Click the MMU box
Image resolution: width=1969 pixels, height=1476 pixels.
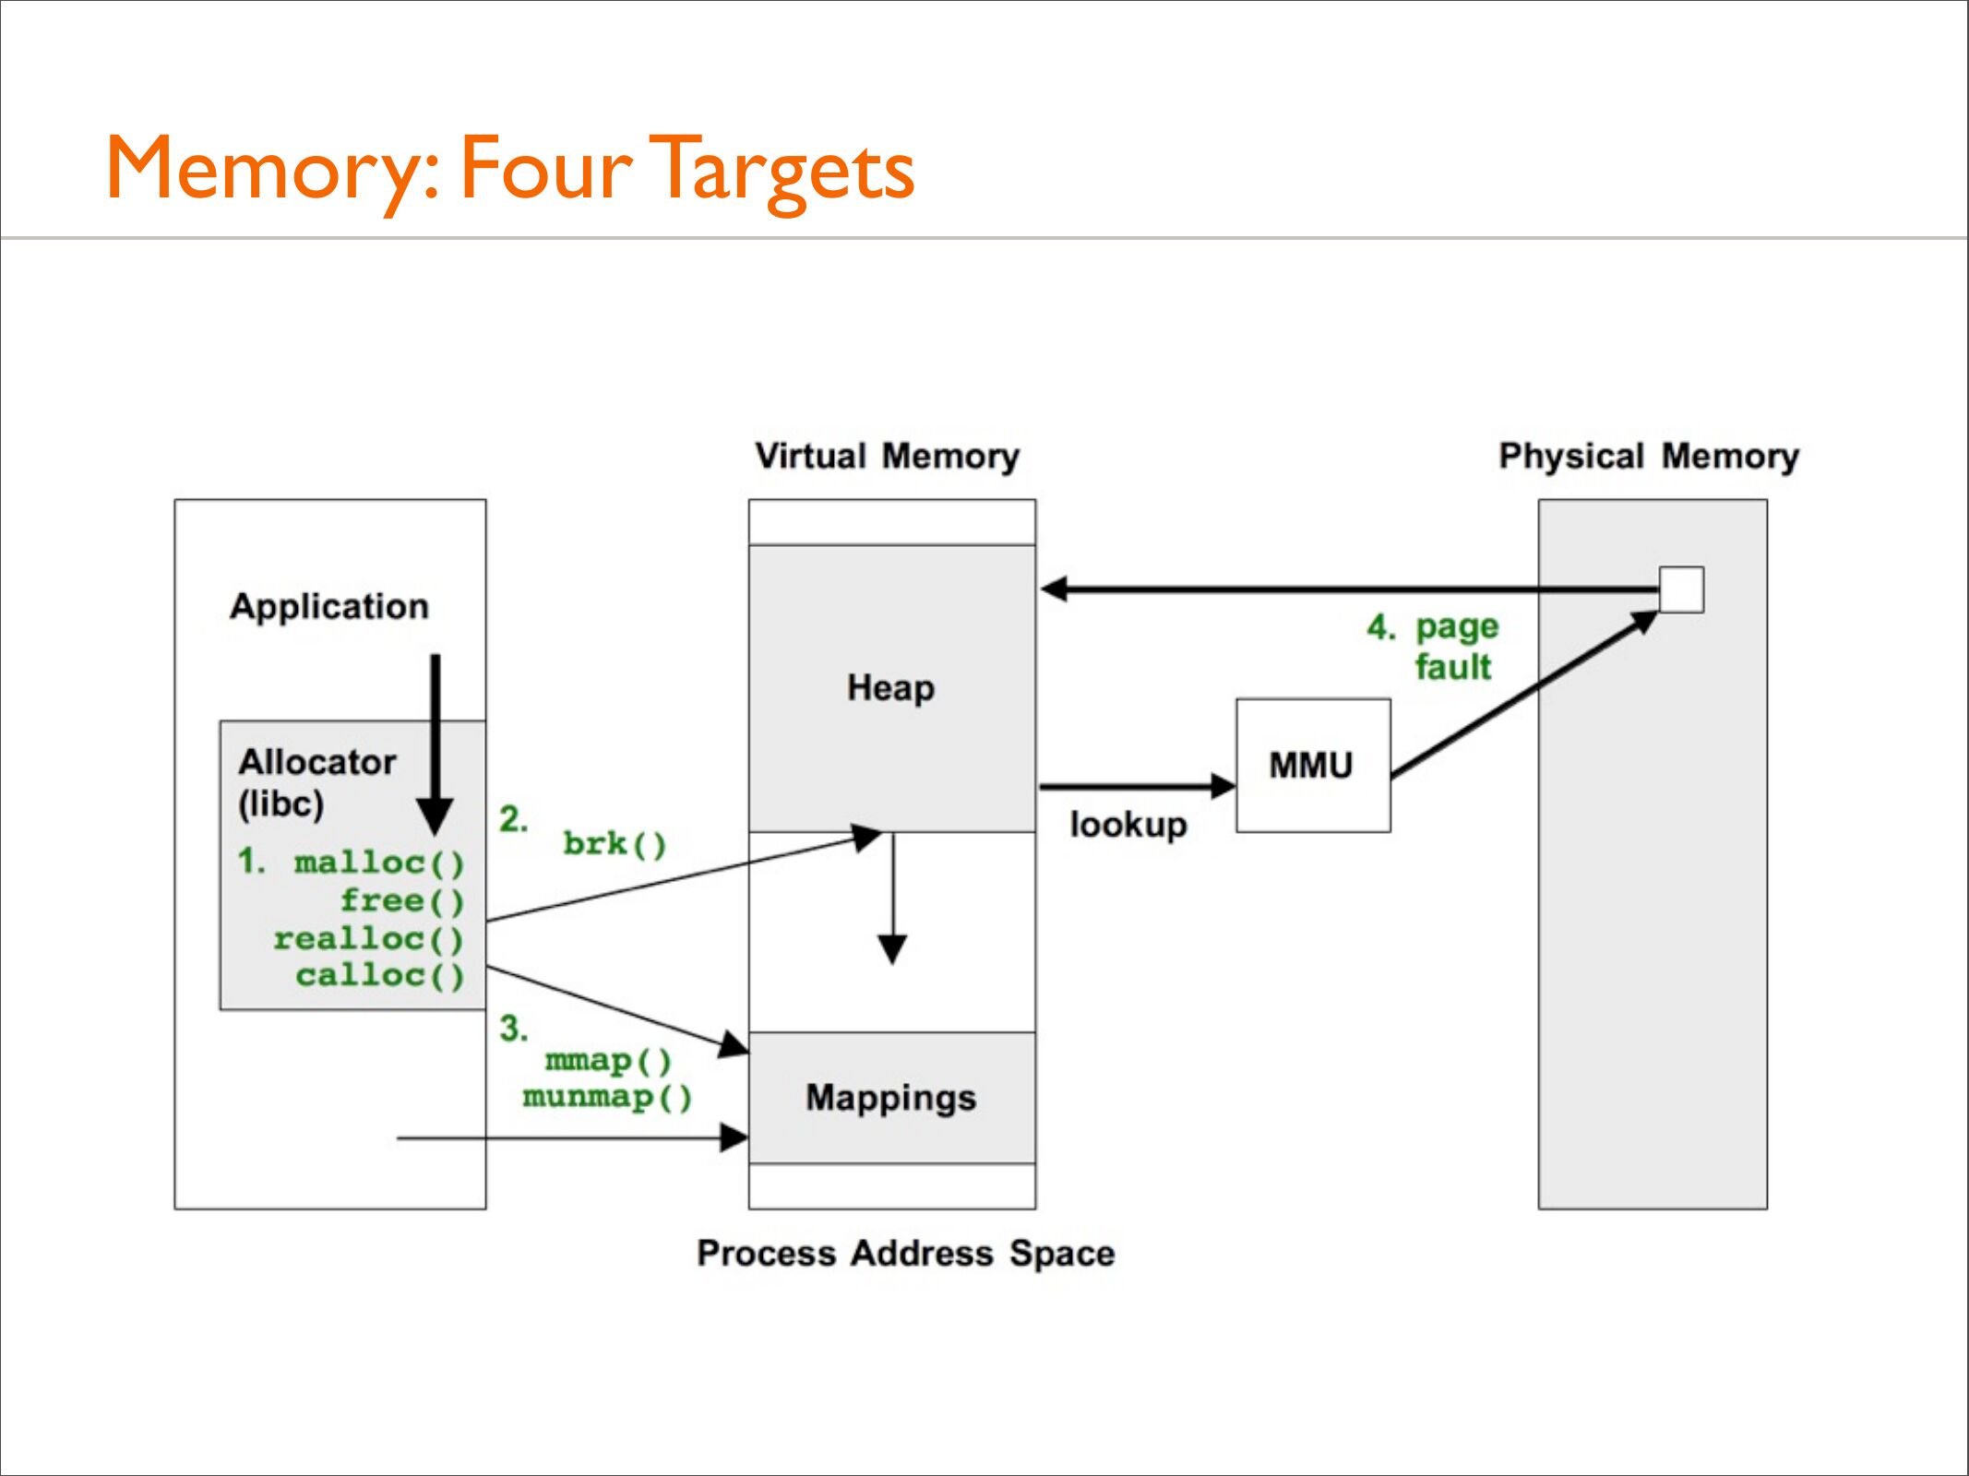point(1313,766)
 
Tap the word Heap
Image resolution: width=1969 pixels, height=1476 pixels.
point(890,689)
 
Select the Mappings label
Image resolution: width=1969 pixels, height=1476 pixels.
point(890,1099)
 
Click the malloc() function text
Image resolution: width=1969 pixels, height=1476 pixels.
point(379,863)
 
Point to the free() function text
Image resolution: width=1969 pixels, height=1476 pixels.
point(402,901)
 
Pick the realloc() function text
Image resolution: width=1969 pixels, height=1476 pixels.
point(368,939)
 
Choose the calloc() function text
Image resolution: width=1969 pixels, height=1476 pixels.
point(379,976)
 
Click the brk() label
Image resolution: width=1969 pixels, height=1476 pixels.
point(615,844)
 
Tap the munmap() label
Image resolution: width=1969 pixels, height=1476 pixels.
point(607,1098)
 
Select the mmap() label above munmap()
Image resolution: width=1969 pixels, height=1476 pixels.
point(609,1061)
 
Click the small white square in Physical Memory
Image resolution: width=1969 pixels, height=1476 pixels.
point(1681,589)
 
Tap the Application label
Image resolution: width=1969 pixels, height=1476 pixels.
point(329,607)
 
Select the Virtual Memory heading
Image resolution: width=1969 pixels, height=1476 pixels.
point(888,457)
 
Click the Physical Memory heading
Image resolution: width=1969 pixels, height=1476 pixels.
point(1649,457)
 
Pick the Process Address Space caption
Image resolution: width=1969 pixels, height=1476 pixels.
point(906,1254)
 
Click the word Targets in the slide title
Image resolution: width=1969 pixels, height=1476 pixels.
point(782,170)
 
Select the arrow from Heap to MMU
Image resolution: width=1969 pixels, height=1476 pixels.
point(1138,787)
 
